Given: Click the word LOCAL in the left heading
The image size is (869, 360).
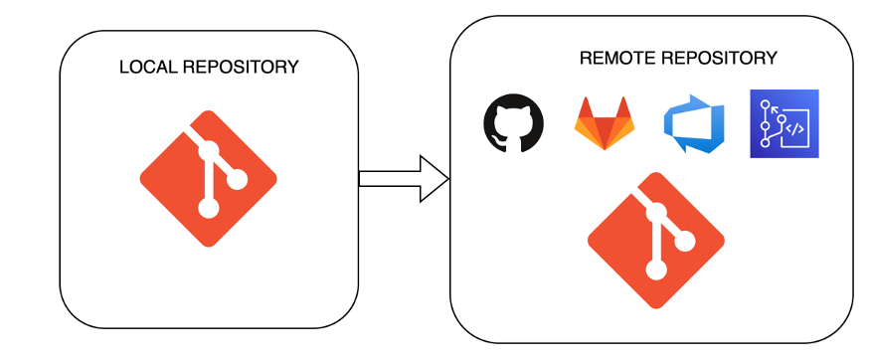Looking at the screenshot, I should click(142, 68).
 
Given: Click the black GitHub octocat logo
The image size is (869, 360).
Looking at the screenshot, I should click(514, 123).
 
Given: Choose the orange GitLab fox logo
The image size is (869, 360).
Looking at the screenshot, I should click(604, 123).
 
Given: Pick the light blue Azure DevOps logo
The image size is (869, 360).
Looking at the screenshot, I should click(694, 124).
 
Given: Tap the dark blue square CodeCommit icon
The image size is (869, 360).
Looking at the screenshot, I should click(783, 124).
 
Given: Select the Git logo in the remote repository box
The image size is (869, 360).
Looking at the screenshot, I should click(656, 241).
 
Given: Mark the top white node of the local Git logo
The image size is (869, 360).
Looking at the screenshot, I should click(208, 150).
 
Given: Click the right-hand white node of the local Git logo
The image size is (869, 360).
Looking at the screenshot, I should click(237, 179).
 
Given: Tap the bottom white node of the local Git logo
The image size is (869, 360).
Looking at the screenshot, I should click(208, 208).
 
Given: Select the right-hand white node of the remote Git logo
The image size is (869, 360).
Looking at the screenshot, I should click(685, 241).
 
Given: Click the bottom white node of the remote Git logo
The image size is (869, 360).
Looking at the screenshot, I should click(656, 270).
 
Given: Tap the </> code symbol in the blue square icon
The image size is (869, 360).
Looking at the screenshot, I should click(794, 129).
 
